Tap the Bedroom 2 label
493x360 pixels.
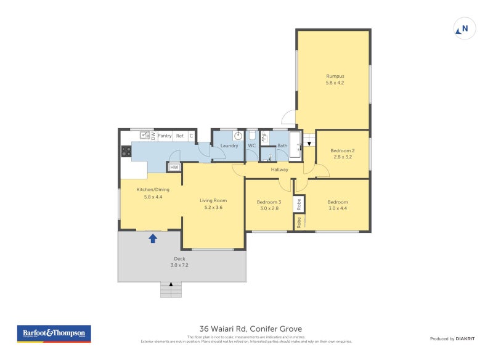[x=342, y=150]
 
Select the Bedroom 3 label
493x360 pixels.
[x=269, y=202]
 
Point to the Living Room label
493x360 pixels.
[x=213, y=200]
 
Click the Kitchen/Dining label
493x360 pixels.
[x=153, y=189]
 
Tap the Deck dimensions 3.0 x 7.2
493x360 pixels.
[x=179, y=265]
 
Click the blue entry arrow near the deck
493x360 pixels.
[x=153, y=237]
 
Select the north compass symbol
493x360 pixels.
[x=465, y=28]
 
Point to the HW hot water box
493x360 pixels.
[x=174, y=167]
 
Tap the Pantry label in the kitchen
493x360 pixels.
[x=165, y=136]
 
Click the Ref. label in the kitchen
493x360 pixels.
[x=181, y=136]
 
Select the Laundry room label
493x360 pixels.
[x=229, y=145]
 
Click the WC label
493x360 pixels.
[x=252, y=145]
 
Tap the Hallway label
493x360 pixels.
[x=279, y=170]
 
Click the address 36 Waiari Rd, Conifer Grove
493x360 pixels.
[x=250, y=329]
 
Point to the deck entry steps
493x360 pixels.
[x=172, y=288]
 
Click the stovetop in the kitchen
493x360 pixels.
[x=126, y=150]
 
